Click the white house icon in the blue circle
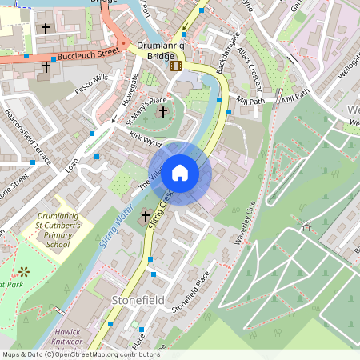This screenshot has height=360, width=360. tap(180, 172)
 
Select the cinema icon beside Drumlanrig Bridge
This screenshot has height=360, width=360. tap(176, 66)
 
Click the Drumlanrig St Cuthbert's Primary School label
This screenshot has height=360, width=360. tap(60, 231)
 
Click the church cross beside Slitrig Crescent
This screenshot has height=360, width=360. tap(146, 216)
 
